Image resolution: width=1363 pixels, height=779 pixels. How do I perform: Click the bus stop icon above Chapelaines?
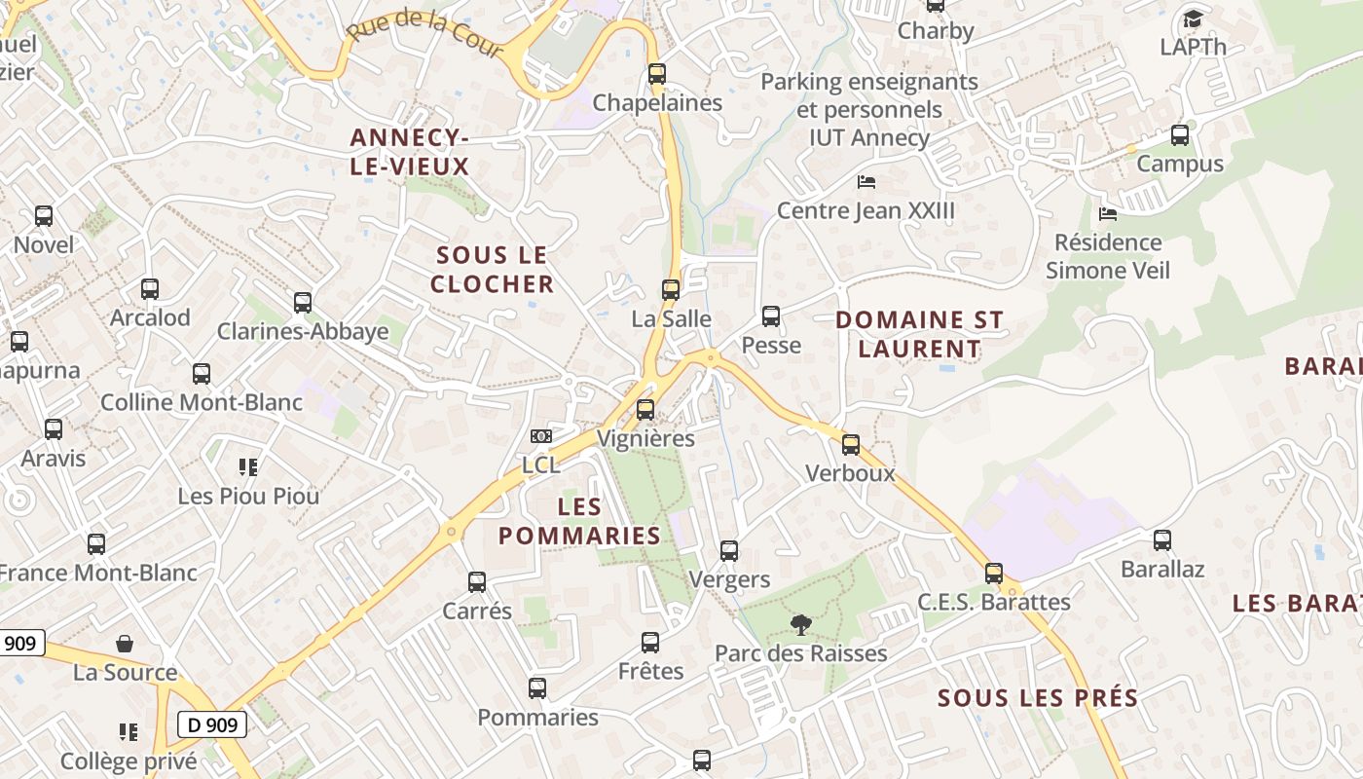pos(657,74)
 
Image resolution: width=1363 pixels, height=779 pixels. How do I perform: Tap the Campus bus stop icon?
pos(1180,135)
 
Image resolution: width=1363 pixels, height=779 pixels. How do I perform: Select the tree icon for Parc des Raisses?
pos(801,624)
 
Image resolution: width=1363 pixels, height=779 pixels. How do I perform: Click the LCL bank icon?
pos(541,436)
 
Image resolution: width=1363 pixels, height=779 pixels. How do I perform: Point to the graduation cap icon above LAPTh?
pos(1193,19)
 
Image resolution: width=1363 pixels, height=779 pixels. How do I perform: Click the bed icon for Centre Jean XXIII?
pos(866,182)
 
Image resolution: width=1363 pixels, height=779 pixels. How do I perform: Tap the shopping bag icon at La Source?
pos(125,644)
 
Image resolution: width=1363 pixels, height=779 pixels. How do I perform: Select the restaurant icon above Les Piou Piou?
pos(248,467)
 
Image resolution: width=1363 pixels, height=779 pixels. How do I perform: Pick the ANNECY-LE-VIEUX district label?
pos(410,152)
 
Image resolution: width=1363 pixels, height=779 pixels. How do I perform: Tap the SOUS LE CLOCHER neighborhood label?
pos(493,270)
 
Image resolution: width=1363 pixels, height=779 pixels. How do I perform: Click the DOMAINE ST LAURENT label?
pos(919,334)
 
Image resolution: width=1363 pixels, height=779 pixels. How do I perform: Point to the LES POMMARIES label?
pos(579,521)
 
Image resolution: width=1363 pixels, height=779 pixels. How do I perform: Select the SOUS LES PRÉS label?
pos(1038,697)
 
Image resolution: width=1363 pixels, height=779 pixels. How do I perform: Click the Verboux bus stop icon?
pos(851,445)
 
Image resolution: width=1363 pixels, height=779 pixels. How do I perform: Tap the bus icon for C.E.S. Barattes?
pos(994,574)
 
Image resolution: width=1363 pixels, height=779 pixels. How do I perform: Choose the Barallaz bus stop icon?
pos(1162,540)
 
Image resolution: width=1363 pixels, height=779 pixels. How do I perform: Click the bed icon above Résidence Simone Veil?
pos(1108,213)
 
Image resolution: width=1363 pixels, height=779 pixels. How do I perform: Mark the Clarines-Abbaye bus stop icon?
pos(303,303)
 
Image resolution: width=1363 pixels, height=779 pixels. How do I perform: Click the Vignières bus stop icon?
pos(645,410)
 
